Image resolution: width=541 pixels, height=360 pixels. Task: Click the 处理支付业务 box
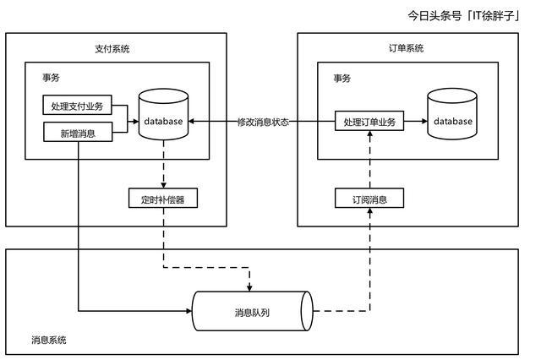click(77, 105)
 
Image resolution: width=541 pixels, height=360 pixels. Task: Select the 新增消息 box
click(78, 132)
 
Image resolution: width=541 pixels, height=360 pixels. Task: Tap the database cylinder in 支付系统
click(163, 114)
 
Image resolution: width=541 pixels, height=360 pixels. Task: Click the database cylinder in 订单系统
click(452, 114)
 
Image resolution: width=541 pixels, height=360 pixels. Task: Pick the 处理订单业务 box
click(369, 121)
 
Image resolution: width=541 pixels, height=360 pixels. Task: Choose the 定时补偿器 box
click(163, 198)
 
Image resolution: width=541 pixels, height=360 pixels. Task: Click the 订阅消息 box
click(369, 198)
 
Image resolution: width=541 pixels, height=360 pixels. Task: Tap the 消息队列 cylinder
click(252, 311)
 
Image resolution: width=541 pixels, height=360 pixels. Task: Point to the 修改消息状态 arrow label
click(263, 122)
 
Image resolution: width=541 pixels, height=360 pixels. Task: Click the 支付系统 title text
click(112, 49)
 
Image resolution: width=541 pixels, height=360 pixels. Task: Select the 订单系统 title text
click(406, 48)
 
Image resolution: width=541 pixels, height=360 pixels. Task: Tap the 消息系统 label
click(49, 340)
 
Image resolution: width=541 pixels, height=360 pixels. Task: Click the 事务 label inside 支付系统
click(51, 77)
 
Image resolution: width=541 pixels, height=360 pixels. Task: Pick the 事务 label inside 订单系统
click(342, 78)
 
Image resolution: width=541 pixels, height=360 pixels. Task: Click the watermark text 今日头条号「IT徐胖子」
click(464, 15)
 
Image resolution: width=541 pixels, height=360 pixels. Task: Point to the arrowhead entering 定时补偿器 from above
click(163, 185)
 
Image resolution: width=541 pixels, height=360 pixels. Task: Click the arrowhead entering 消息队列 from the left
click(189, 311)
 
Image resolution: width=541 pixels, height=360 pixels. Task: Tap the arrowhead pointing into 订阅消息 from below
click(370, 211)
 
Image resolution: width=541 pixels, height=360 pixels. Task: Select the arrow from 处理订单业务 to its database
click(416, 121)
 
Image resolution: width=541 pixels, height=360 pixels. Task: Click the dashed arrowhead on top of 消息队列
click(249, 288)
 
